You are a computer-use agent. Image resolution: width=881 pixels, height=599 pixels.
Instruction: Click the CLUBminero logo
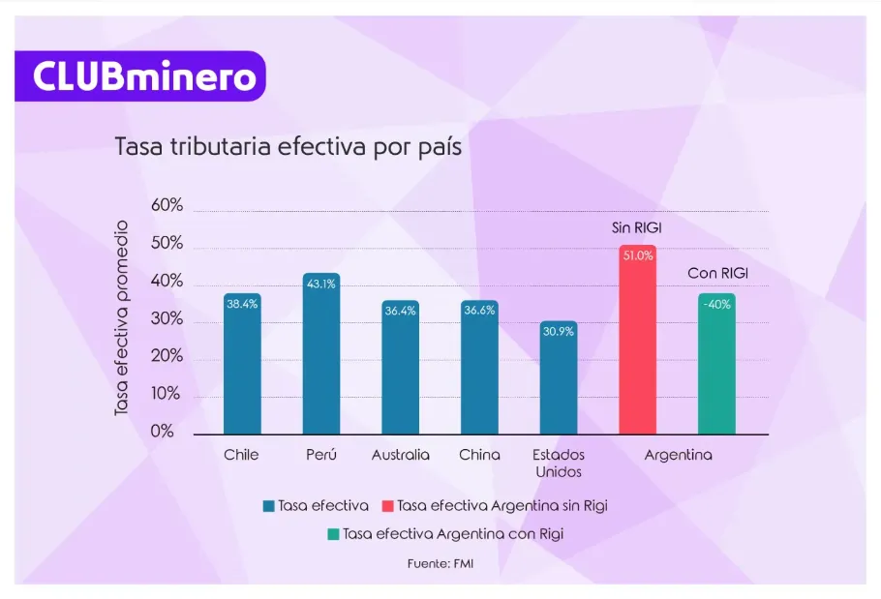coord(139,76)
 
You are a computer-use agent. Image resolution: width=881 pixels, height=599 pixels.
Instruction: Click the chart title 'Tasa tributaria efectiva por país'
coord(288,148)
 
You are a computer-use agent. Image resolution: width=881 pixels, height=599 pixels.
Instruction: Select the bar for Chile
coord(242,365)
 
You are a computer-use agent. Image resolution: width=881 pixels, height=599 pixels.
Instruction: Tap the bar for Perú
coord(320,354)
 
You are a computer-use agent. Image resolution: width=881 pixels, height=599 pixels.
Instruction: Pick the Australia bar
coord(401,368)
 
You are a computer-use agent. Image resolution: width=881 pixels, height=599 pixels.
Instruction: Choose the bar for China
coord(479,368)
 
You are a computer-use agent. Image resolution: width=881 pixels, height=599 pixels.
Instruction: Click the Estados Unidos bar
coord(559,378)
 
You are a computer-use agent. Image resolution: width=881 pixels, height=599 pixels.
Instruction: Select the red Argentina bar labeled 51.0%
coord(638,341)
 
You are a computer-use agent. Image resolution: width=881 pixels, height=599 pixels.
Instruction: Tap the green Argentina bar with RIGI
coord(716,365)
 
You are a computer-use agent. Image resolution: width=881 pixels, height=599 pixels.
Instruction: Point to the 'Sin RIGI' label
coord(638,228)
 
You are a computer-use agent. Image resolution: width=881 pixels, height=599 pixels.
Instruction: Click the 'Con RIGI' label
coord(717,274)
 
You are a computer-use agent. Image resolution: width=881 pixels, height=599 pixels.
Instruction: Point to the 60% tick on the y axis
coord(167,206)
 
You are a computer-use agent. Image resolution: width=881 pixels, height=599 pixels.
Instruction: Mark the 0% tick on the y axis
coord(163,433)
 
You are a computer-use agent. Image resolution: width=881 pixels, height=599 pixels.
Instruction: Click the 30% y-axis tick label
coord(167,319)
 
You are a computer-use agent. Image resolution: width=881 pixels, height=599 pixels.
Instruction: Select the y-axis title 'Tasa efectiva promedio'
coord(122,319)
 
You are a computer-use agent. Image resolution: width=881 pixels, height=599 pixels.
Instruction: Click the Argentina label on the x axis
coord(678,455)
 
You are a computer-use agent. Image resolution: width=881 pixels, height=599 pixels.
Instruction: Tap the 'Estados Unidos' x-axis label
coord(559,463)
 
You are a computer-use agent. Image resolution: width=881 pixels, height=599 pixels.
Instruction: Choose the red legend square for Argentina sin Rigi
coord(388,505)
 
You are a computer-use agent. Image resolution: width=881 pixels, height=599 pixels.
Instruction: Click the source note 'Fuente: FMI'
coord(440,562)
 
